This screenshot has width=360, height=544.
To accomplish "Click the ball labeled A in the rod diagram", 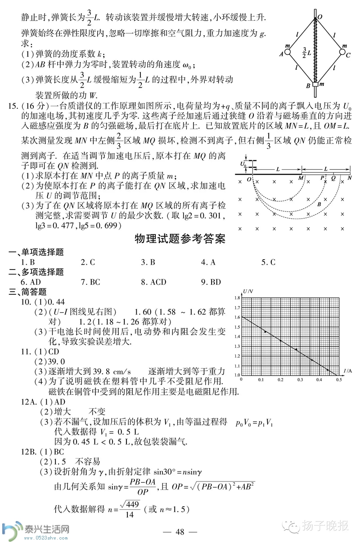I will (288, 52).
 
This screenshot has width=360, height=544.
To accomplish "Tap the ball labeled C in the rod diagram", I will (341, 52).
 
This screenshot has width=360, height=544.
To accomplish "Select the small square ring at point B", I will (315, 85).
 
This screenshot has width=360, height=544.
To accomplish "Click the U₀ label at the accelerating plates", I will (243, 165).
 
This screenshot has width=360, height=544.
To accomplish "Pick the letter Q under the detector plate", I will (333, 178).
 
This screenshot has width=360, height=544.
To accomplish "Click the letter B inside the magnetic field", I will (319, 204).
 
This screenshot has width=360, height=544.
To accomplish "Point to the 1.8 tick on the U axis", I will (237, 298).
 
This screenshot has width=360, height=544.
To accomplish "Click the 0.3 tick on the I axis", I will (300, 380).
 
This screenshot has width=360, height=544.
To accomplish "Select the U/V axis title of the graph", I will (247, 292).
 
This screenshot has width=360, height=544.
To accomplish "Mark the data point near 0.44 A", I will (328, 370).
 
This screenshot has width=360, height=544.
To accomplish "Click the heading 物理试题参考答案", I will (180, 239).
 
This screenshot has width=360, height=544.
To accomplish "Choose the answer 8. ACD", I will (153, 282).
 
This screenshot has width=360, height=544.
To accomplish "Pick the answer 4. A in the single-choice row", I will (208, 262).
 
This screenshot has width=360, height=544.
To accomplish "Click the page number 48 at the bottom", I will (180, 532).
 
